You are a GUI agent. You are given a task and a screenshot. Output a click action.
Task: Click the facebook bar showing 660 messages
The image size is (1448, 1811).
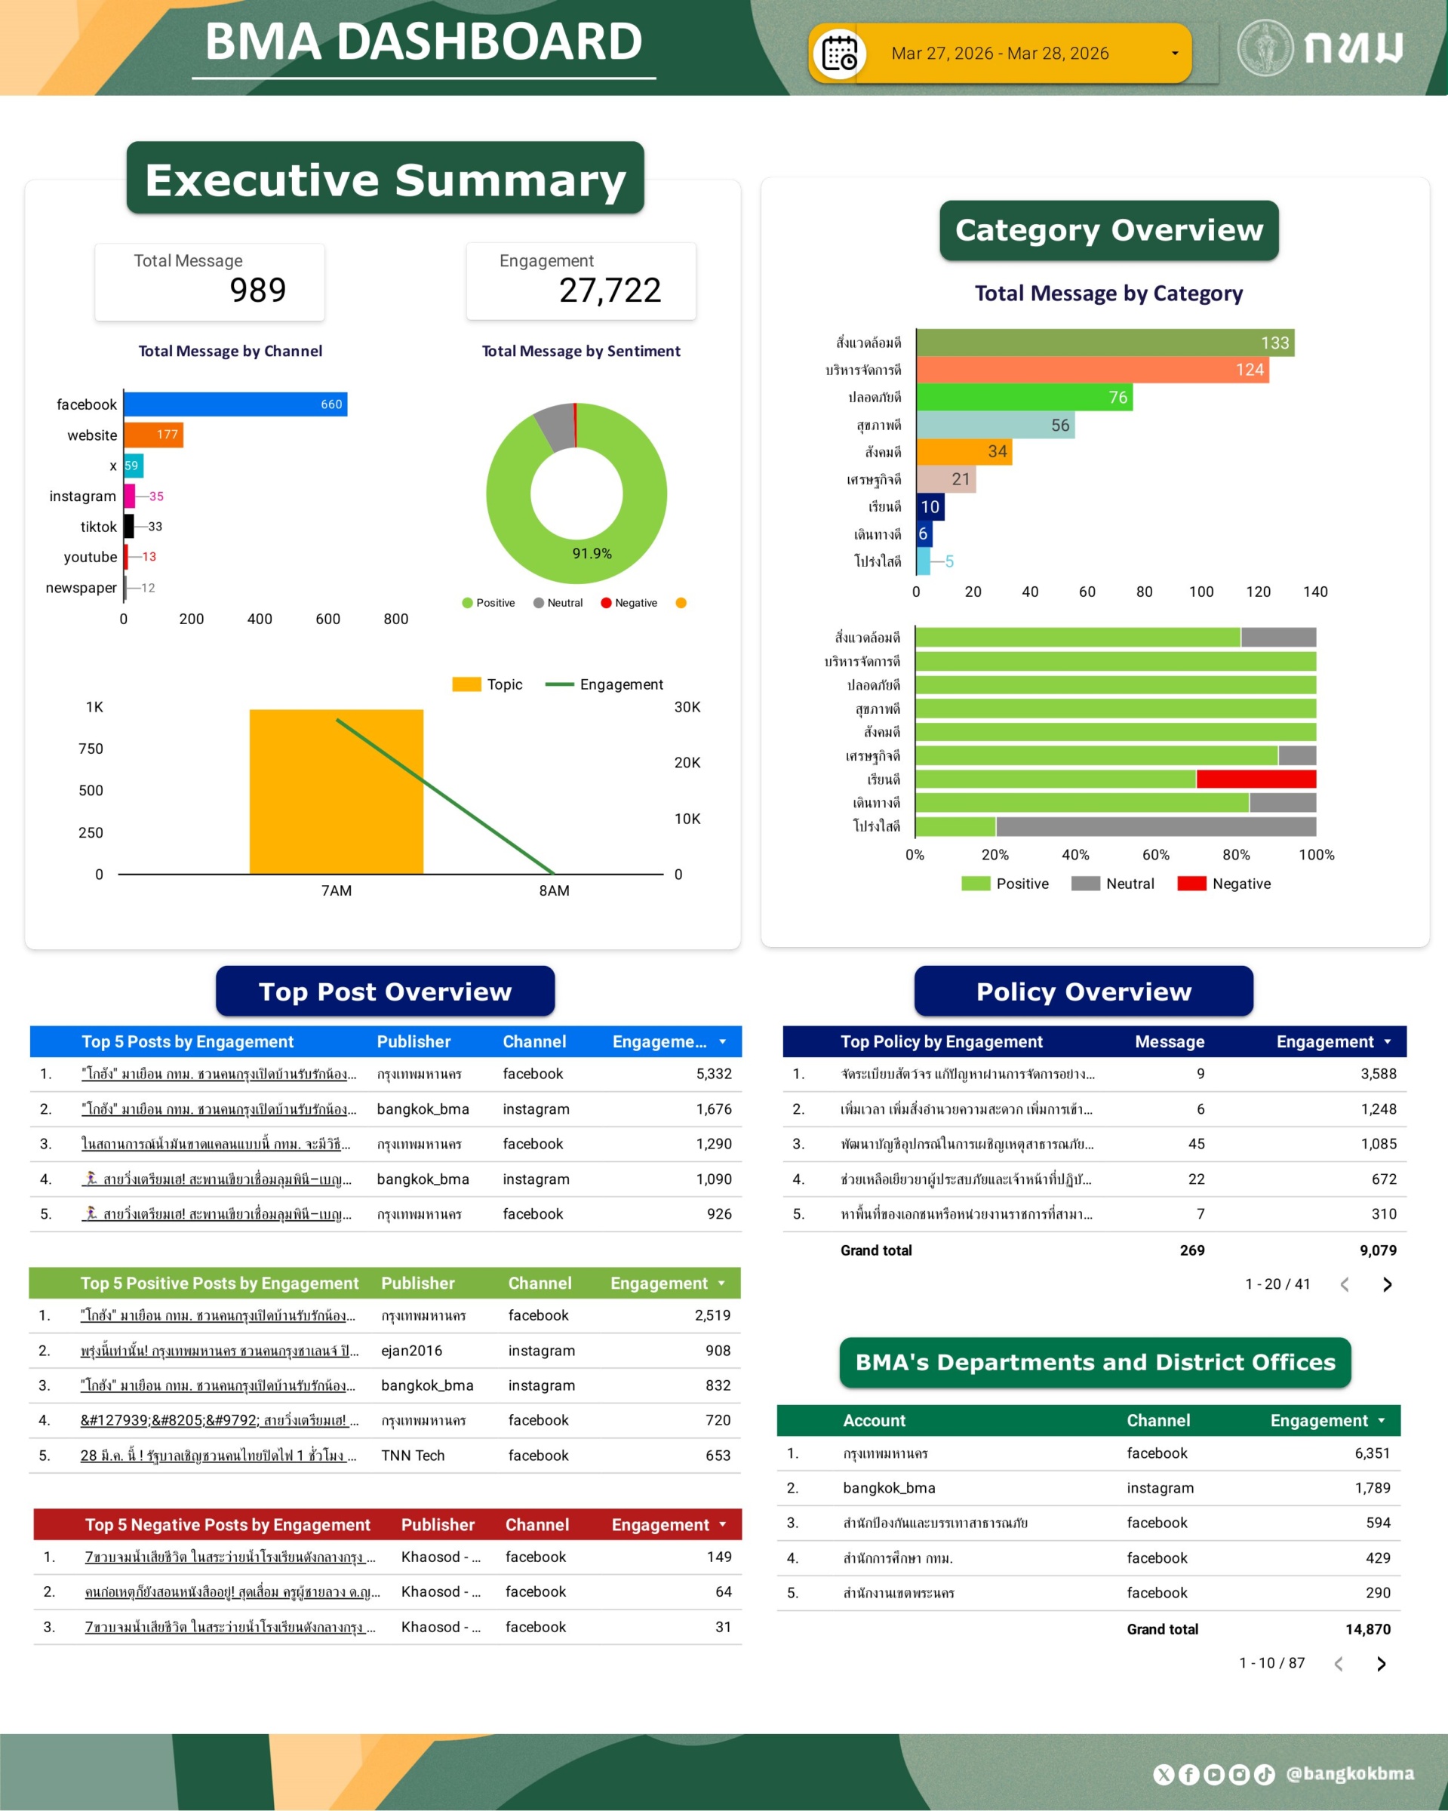[235, 404]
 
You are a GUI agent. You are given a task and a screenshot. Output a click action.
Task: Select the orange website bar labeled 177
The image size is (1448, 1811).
[154, 435]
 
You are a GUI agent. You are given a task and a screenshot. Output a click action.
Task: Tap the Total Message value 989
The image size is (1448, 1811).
[258, 291]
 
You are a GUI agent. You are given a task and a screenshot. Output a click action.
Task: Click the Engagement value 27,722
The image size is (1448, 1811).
[610, 291]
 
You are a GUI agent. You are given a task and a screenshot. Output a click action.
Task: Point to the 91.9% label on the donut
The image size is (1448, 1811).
[592, 554]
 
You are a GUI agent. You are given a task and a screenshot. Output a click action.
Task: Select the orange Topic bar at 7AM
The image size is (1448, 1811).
[336, 792]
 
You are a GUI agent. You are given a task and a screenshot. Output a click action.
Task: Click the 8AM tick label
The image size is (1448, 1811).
[555, 890]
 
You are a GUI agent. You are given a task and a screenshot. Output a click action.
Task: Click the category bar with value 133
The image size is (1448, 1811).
[1105, 343]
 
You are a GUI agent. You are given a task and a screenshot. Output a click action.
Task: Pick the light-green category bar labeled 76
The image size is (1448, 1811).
[1024, 398]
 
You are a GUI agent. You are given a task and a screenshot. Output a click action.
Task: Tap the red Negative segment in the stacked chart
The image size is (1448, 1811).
[1256, 779]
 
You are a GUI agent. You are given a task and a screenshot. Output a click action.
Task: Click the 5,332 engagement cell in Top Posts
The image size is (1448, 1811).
[713, 1074]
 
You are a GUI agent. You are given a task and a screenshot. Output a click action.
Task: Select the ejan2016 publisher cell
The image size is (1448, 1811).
[411, 1351]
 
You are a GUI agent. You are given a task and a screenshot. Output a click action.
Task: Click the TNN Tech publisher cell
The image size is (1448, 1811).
[413, 1456]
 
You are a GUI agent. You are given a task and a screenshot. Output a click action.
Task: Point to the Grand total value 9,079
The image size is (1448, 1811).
[1377, 1250]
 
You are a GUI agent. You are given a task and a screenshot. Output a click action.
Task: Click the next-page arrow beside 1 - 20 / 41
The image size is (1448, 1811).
[1387, 1284]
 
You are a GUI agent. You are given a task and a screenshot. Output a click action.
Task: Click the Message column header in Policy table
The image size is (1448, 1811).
[1169, 1041]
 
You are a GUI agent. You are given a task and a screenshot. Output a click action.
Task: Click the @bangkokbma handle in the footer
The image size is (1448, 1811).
[1350, 1773]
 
